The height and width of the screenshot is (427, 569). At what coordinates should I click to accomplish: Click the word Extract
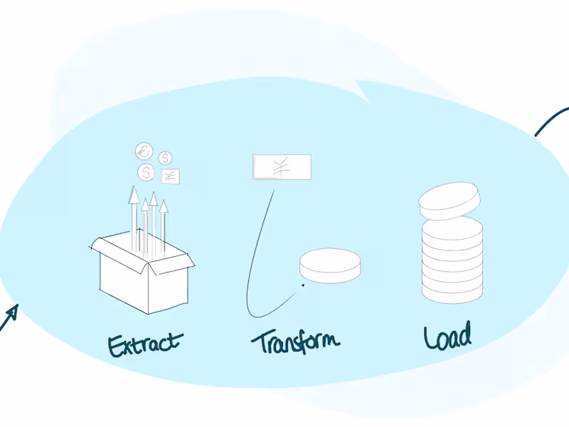[145, 344]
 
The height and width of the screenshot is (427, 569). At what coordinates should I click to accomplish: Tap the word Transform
[296, 342]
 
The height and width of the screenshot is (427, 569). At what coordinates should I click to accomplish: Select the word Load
[448, 336]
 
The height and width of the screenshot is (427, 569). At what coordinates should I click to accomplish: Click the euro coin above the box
[144, 151]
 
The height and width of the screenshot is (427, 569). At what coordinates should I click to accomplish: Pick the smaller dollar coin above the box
[165, 158]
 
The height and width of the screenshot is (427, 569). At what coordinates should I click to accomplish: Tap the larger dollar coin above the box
[147, 172]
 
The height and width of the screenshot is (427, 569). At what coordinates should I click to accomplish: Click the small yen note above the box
[170, 176]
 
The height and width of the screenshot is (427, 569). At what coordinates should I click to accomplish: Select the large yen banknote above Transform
[282, 167]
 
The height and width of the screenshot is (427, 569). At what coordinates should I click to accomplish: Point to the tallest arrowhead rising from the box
[134, 194]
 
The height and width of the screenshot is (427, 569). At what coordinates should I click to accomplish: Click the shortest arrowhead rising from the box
[145, 205]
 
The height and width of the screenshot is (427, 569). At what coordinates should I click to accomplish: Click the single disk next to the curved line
[330, 265]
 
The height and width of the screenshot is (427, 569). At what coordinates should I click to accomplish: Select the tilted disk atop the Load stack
[450, 201]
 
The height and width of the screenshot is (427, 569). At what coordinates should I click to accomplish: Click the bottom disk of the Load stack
[452, 293]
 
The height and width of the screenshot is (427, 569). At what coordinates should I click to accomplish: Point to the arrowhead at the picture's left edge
[12, 312]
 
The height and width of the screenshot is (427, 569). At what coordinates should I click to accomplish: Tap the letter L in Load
[430, 337]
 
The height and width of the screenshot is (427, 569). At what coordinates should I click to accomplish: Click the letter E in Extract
[115, 347]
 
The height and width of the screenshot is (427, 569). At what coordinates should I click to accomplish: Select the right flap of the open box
[171, 264]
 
